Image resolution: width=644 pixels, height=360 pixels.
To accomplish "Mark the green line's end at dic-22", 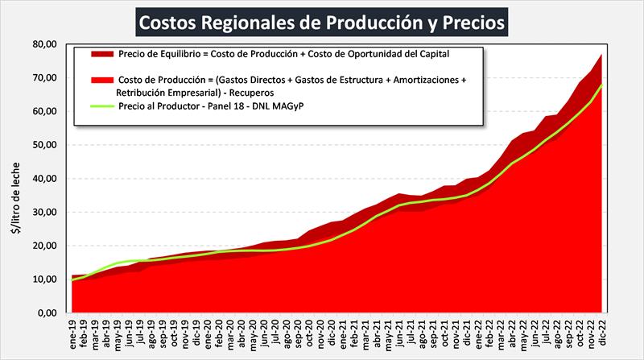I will [x=601, y=85].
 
